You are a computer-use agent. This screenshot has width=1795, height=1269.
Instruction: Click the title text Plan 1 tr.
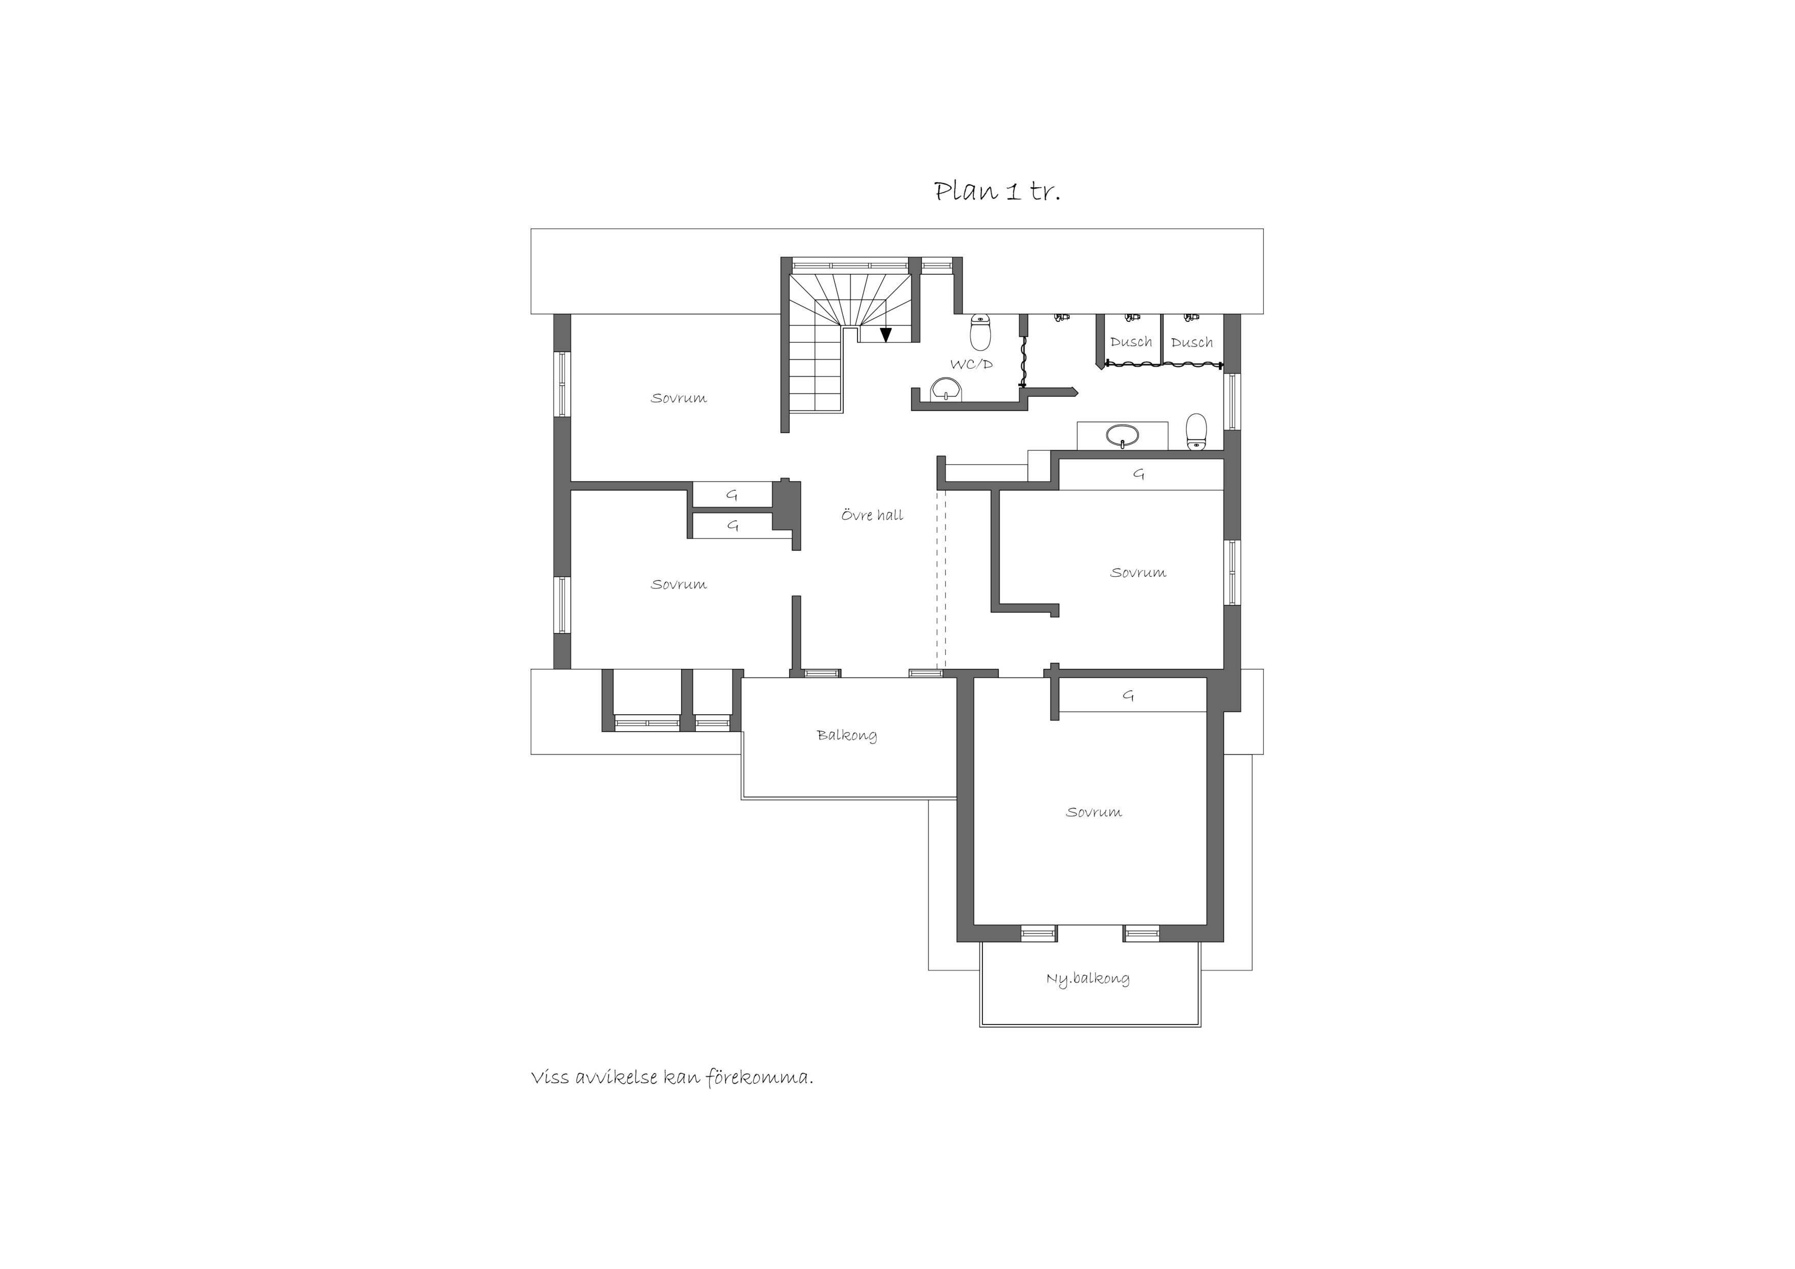(998, 191)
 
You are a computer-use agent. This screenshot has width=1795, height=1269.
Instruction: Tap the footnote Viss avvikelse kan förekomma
(672, 1078)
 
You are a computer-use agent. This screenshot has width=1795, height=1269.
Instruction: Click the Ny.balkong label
(1087, 979)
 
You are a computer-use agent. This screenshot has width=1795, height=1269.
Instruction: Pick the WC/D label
(971, 364)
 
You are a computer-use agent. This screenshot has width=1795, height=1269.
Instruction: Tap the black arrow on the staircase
(886, 335)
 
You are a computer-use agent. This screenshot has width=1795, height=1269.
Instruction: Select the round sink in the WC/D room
(947, 388)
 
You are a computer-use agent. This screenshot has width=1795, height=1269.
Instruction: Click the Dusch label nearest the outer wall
(1191, 342)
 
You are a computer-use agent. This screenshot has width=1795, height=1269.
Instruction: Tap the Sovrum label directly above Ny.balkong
(1093, 813)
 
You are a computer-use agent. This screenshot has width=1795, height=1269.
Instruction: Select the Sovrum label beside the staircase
(678, 398)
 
